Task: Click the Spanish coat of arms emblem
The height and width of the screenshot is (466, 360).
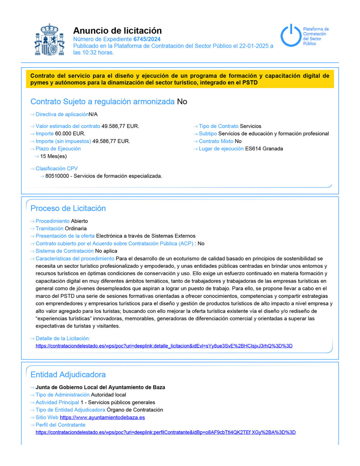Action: pos(49,40)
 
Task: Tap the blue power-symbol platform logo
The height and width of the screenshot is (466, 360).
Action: pos(290,35)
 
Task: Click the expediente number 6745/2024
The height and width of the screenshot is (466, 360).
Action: pos(147,39)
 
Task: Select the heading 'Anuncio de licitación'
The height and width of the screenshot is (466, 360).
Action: pos(117,30)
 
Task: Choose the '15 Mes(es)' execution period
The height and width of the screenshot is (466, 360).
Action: pos(53,156)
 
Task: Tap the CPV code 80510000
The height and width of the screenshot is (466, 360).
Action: pos(57,176)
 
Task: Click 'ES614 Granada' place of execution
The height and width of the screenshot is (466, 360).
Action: pos(264,149)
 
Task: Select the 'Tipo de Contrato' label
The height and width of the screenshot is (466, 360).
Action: pos(218,126)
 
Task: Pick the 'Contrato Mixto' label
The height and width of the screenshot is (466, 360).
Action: pos(216,141)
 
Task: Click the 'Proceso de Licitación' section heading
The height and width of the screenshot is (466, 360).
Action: pos(68,208)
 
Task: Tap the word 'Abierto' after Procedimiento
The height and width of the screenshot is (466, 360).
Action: pos(79,221)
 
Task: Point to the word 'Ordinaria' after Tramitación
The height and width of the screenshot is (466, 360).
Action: pos(76,228)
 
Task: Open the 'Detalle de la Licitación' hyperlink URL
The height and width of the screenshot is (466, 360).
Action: pos(164,346)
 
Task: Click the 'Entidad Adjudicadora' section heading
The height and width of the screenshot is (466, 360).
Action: pos(68,375)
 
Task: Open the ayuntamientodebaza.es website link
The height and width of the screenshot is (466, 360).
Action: pos(102,417)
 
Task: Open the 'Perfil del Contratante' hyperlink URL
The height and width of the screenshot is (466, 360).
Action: pos(166,432)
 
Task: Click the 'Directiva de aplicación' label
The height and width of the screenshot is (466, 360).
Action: pos(62,114)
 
